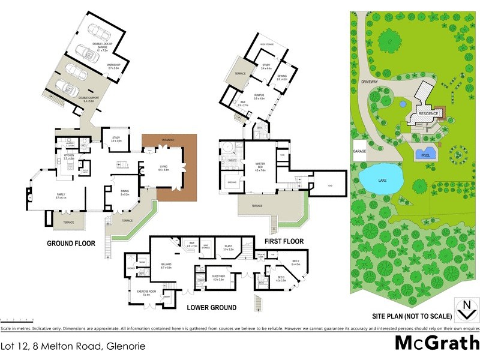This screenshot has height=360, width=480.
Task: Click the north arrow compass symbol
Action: (464, 311)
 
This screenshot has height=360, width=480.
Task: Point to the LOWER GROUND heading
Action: (211, 307)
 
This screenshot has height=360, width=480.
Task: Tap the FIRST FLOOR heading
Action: (283, 241)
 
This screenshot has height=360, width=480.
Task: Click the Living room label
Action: (164, 169)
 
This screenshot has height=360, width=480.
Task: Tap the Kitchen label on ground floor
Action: (68, 156)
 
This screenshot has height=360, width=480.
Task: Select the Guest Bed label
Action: (218, 277)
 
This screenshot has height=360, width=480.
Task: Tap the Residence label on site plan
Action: (429, 113)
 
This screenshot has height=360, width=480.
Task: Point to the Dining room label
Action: (125, 192)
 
